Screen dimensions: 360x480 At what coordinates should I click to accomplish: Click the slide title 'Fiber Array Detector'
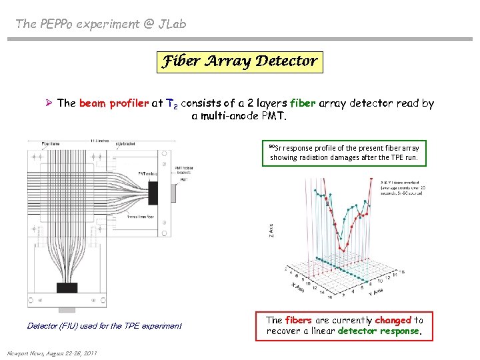239,61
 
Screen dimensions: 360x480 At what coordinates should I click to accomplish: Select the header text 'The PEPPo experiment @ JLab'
101,24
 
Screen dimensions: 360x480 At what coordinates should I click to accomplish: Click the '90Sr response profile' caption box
344,153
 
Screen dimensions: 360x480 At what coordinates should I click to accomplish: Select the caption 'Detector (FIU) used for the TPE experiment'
104,326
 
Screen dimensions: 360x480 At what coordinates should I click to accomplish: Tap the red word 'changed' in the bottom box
393,320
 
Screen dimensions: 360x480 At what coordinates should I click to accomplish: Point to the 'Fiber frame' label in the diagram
51,143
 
